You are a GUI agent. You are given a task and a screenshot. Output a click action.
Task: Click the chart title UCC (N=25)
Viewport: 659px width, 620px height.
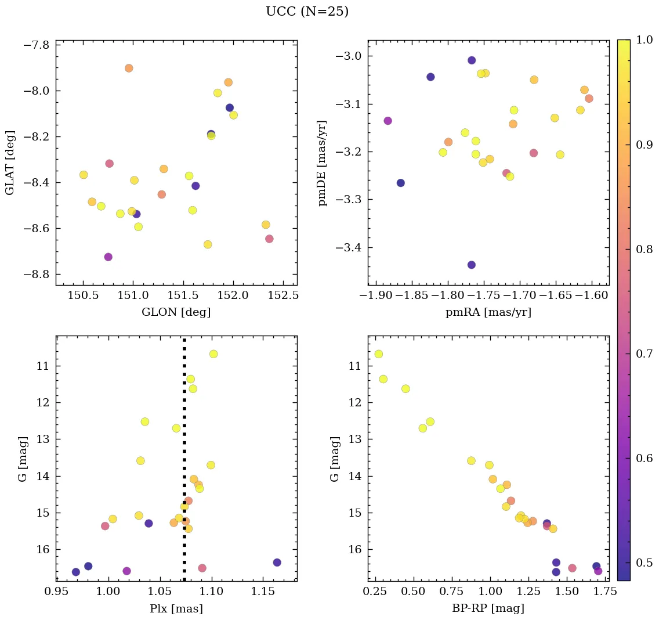pyautogui.click(x=307, y=12)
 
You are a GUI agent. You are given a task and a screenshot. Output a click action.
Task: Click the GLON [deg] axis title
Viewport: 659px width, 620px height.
pyautogui.click(x=176, y=312)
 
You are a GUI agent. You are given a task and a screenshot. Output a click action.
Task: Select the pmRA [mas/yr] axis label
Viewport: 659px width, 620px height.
pyautogui.click(x=488, y=312)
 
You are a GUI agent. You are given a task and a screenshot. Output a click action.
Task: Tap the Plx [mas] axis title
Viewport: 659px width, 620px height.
pyautogui.click(x=176, y=608)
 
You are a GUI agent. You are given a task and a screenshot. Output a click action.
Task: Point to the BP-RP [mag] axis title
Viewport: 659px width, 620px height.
pyautogui.click(x=488, y=608)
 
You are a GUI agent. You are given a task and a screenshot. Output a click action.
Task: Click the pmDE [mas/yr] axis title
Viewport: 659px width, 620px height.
pyautogui.click(x=323, y=163)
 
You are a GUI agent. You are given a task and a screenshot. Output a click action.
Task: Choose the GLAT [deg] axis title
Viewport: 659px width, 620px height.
pyautogui.click(x=10, y=163)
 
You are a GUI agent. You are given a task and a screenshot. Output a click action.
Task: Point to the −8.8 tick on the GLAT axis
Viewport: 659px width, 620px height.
pyautogui.click(x=36, y=275)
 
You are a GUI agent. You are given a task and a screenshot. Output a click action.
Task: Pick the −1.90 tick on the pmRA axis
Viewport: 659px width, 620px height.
pyautogui.click(x=376, y=296)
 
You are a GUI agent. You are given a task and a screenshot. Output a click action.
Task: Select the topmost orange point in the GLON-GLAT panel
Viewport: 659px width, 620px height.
pyautogui.click(x=129, y=68)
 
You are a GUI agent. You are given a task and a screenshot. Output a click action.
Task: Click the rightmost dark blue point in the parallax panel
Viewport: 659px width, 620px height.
pyautogui.click(x=277, y=562)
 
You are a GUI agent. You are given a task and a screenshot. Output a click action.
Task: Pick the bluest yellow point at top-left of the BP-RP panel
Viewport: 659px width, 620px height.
pyautogui.click(x=379, y=354)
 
